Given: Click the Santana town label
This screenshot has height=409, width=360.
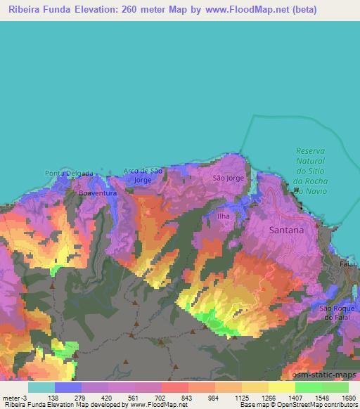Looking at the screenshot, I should coord(287,230).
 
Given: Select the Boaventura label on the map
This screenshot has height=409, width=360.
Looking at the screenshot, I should coord(96,191).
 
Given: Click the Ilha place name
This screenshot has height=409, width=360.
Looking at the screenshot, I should coord(224,216).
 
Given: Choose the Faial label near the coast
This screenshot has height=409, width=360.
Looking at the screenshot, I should coord(347,263).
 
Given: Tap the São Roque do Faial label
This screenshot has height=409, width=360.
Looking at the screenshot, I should coord(334,313).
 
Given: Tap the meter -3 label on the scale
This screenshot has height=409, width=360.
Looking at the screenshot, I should coord(15,397).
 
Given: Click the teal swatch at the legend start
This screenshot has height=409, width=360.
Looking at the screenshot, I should coord(41,387).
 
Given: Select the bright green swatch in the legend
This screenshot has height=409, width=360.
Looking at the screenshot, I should coord(308,387).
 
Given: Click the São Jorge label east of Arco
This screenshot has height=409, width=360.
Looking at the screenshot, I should coord(229,178).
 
